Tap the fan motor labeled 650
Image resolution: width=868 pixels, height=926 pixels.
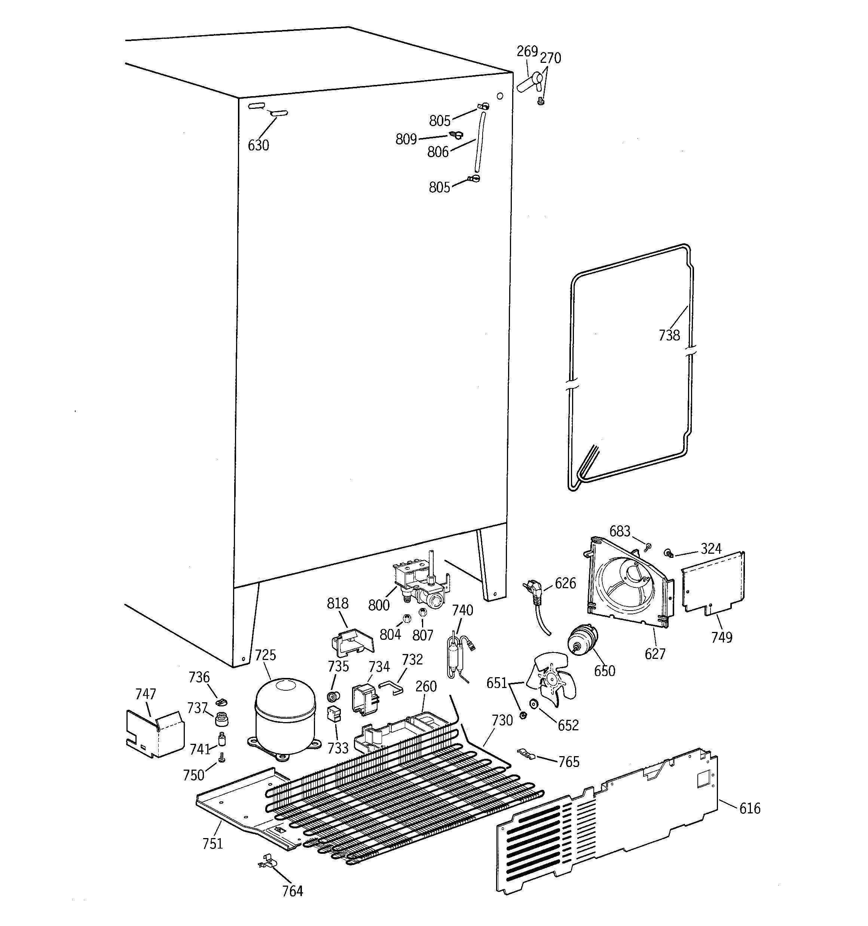[x=583, y=641]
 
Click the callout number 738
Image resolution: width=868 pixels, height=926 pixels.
[x=669, y=335]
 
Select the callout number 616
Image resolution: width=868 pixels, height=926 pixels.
[x=750, y=808]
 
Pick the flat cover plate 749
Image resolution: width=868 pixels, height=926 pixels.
[x=713, y=582]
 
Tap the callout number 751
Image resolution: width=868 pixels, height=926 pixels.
[x=213, y=843]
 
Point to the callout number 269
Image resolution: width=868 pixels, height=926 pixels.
[x=527, y=51]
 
